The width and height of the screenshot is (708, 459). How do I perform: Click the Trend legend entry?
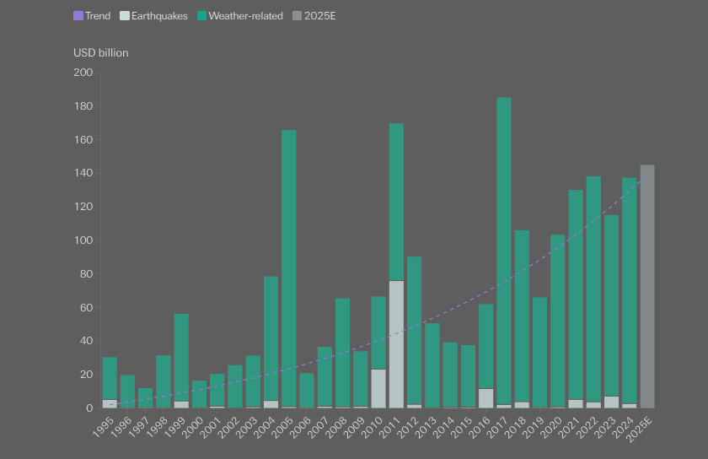tap(92, 16)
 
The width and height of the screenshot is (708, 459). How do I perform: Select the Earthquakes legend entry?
tap(153, 16)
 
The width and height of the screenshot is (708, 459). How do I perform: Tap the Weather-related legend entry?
tap(240, 16)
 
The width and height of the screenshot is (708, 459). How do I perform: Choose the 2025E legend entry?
tap(314, 16)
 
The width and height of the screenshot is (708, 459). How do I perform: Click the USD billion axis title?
tap(100, 53)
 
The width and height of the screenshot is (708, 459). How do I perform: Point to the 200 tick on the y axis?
tap(83, 73)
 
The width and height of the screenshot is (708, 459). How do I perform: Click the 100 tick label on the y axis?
tap(83, 240)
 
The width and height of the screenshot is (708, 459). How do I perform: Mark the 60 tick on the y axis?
tap(86, 307)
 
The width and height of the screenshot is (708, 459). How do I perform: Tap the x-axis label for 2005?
tap(282, 427)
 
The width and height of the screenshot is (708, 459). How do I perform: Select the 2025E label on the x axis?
tap(640, 429)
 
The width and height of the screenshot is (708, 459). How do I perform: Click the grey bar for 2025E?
tap(647, 286)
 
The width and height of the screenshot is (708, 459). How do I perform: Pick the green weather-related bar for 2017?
tap(504, 251)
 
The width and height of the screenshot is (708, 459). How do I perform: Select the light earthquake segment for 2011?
tap(396, 344)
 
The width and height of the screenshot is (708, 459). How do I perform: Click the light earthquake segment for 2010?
tap(378, 388)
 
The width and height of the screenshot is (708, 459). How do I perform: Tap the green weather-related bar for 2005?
tap(289, 268)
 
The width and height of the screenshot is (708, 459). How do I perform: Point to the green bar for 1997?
tap(145, 398)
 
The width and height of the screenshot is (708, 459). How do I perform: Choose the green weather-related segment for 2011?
tap(396, 202)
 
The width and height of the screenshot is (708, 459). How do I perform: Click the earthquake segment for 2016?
tap(485, 398)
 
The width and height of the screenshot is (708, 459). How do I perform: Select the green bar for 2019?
tap(539, 353)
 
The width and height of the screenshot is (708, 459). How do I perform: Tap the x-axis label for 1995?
tap(104, 427)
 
